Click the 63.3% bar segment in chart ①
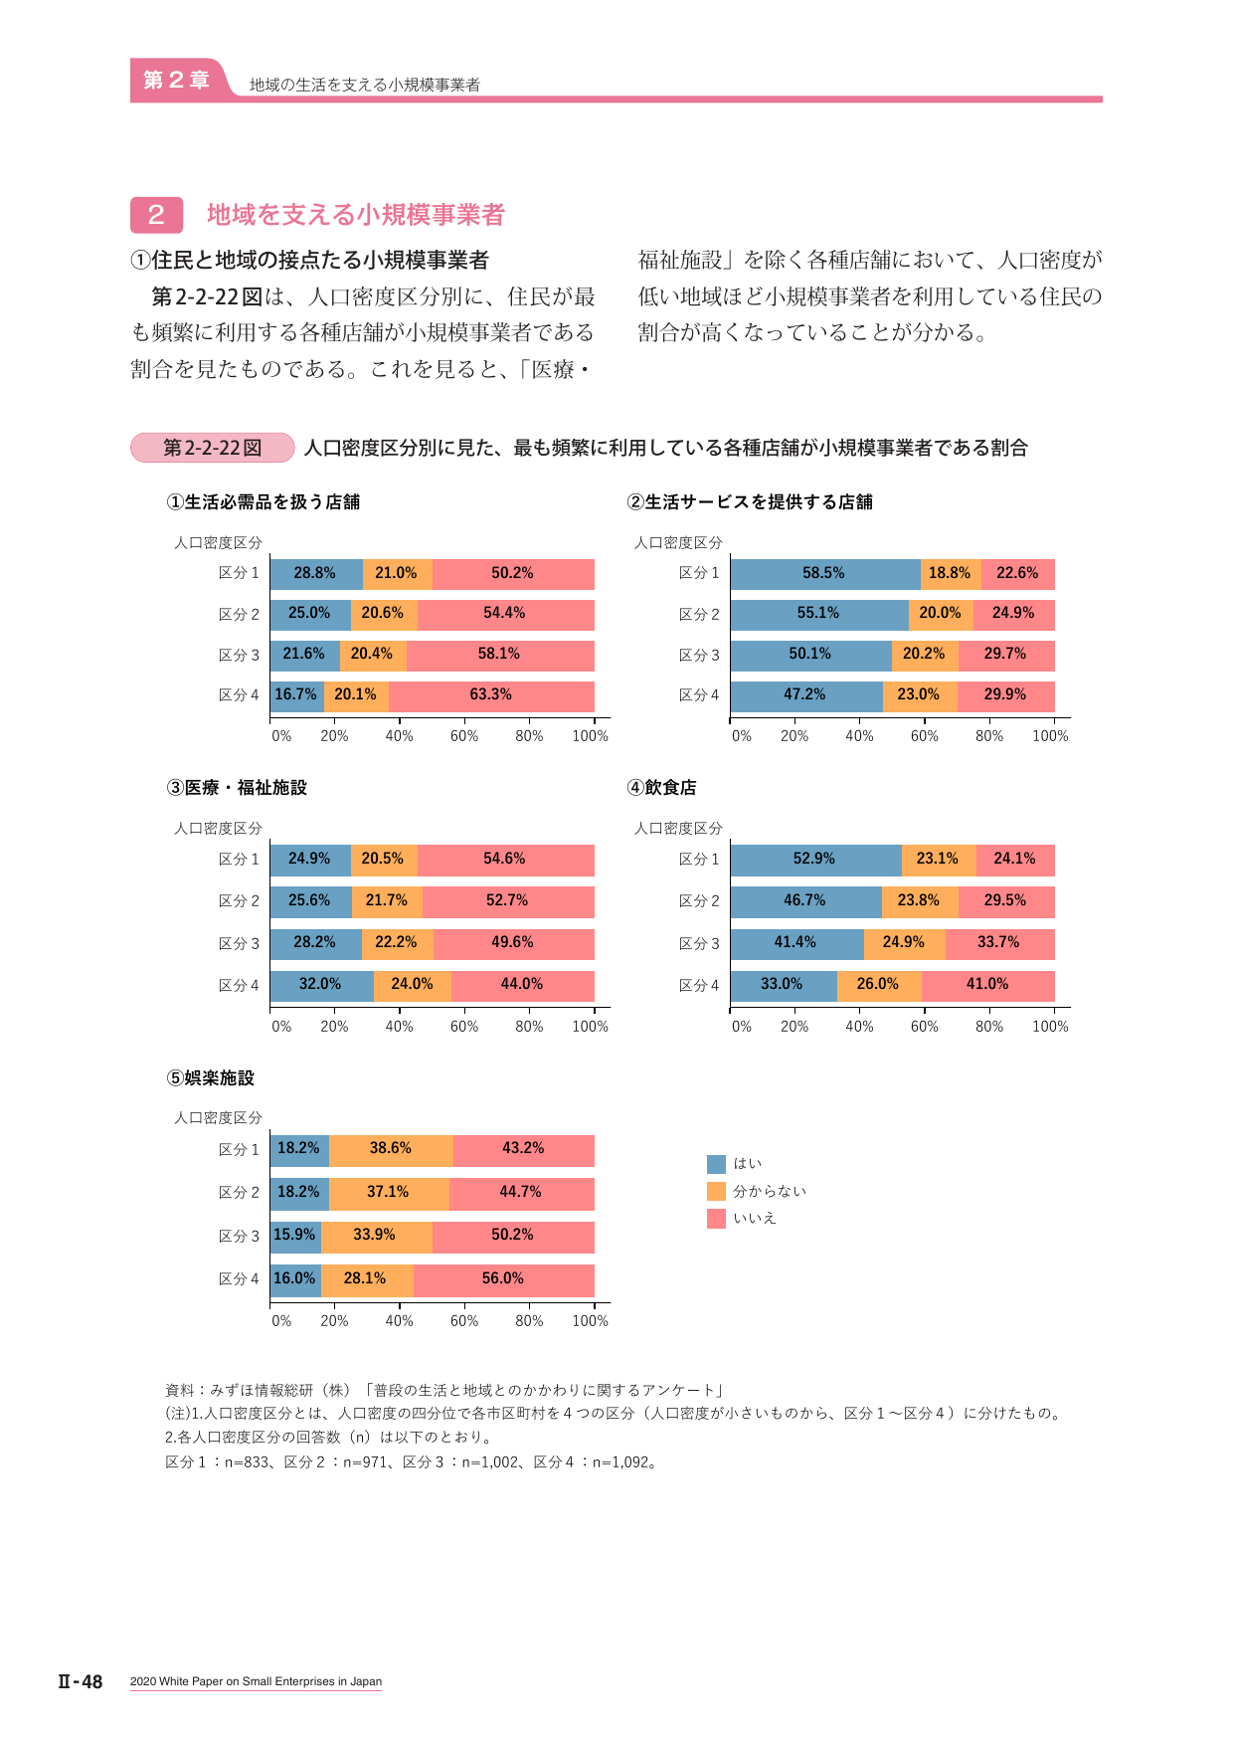click(x=491, y=695)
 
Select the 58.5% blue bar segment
click(x=825, y=574)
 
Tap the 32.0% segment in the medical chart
click(x=321, y=985)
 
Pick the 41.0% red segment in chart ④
click(x=988, y=985)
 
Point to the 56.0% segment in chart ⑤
click(x=504, y=1279)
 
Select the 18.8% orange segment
click(x=951, y=574)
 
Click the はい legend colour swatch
click(x=716, y=1164)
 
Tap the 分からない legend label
click(x=770, y=1191)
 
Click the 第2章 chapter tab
click(x=176, y=80)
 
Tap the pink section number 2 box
click(x=156, y=215)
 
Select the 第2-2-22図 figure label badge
click(x=212, y=448)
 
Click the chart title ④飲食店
click(x=661, y=788)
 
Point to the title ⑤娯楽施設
click(x=211, y=1078)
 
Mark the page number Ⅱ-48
click(x=81, y=1681)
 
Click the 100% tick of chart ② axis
click(x=1050, y=736)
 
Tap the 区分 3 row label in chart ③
click(x=239, y=944)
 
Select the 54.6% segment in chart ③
click(x=506, y=860)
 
